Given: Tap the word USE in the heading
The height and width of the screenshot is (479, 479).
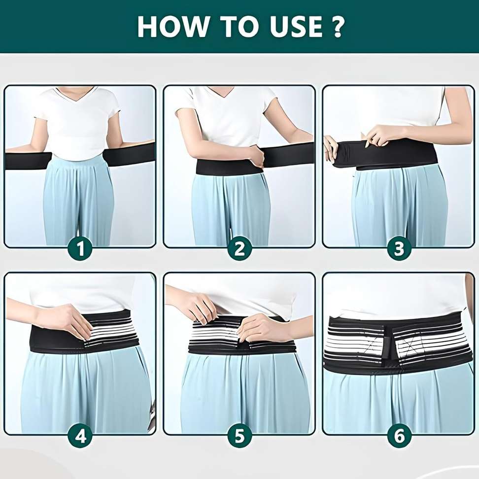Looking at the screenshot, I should (286, 27).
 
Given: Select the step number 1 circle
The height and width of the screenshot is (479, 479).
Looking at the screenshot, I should (80, 249).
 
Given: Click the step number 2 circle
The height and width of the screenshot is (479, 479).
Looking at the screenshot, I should (239, 249).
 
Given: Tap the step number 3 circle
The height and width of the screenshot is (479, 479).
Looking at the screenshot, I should (399, 249).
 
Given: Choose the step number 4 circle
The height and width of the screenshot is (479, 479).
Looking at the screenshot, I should (80, 436).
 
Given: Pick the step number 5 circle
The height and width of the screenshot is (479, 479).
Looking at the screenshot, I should (239, 436).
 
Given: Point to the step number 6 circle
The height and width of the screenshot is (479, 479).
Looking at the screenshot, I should (399, 436).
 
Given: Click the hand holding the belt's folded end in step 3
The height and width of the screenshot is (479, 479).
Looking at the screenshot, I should (331, 148).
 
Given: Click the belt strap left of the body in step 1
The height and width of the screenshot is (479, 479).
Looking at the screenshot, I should (27, 161).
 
